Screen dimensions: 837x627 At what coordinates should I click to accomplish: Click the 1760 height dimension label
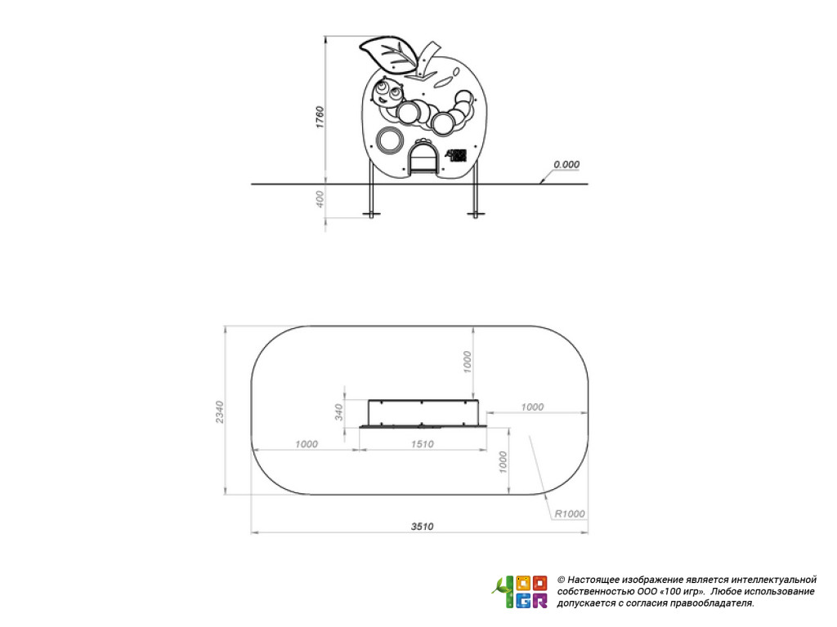(320, 118)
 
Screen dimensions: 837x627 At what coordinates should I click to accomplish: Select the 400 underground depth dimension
(320, 199)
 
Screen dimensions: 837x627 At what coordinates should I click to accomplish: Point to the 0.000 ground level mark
(566, 164)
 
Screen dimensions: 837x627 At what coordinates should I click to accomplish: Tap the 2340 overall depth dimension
(220, 412)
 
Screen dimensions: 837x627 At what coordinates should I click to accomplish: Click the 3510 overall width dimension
(422, 527)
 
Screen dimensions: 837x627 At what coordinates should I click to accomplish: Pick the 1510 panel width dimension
(423, 444)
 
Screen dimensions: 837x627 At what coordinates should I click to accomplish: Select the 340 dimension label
(339, 412)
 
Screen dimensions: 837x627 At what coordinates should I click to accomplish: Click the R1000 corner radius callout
(570, 514)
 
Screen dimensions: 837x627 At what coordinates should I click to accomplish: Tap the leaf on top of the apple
(388, 54)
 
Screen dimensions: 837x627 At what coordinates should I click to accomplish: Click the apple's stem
(427, 60)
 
